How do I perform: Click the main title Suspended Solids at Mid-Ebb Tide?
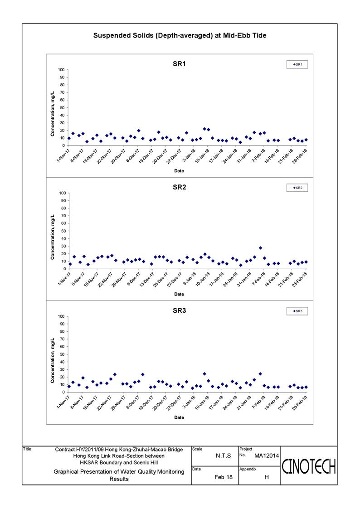180,35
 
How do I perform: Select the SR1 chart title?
179,64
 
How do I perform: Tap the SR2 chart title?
179,187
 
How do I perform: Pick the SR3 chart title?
179,310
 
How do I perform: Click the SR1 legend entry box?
297,65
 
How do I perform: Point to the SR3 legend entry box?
297,311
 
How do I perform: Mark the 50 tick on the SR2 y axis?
62,231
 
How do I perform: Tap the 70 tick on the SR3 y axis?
62,339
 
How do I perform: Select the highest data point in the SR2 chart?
260,248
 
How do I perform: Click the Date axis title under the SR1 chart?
179,171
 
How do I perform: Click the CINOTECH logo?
308,465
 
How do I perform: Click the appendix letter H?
266,477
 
